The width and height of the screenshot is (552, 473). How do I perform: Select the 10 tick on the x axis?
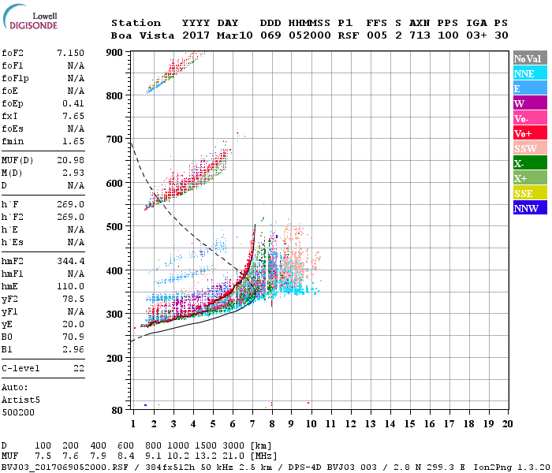pyautogui.click(x=311, y=424)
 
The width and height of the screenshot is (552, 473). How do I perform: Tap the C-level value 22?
pyautogui.click(x=78, y=368)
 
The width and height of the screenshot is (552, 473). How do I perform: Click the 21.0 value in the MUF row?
pyautogui.click(x=235, y=455)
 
